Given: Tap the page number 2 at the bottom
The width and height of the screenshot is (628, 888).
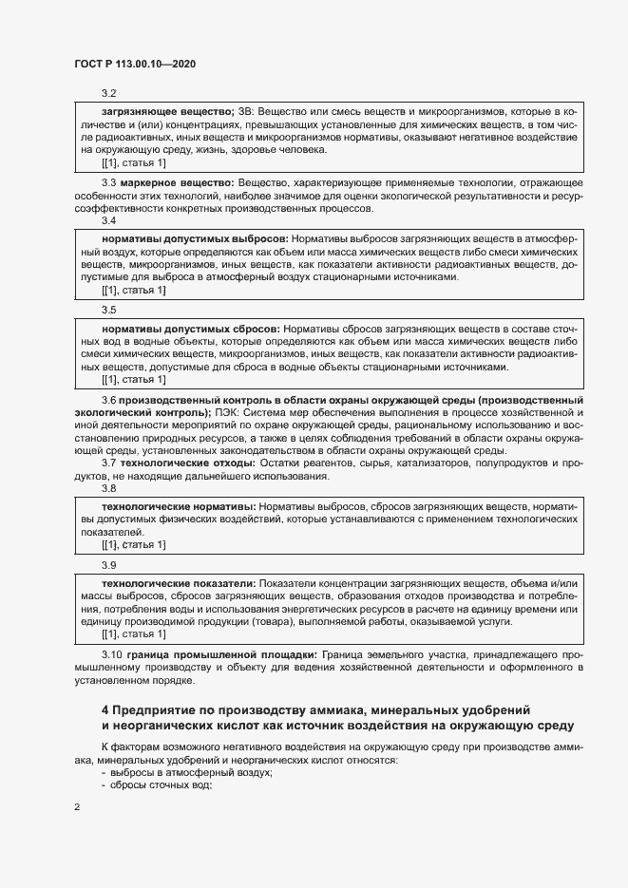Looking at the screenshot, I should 77,806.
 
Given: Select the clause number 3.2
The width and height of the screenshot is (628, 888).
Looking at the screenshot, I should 108,92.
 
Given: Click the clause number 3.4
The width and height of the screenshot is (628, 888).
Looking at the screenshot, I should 108,220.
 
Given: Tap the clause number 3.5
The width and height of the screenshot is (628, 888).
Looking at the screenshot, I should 108,310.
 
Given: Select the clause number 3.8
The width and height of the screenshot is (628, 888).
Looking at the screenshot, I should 108,488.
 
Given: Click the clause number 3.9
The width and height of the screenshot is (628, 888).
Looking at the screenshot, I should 108,564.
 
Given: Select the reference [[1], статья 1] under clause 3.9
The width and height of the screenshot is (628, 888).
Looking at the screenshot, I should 133,633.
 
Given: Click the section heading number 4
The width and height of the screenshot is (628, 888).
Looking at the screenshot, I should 105,709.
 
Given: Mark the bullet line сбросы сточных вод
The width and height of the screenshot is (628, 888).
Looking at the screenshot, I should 159,785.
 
